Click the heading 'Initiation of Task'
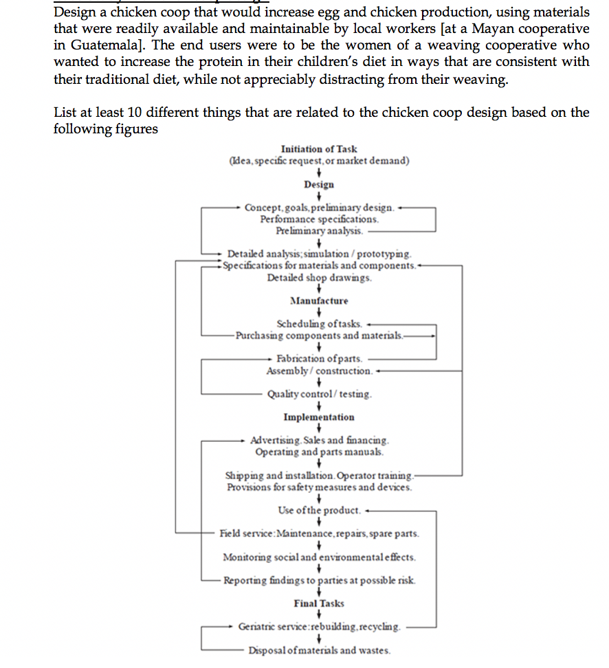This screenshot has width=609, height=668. [x=319, y=149]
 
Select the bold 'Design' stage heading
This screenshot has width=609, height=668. [x=319, y=184]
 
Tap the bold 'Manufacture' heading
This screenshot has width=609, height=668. [x=319, y=300]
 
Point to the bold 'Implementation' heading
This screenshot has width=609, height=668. [x=319, y=417]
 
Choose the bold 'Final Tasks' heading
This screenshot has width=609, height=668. [x=319, y=603]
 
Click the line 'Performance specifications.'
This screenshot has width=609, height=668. [x=319, y=219]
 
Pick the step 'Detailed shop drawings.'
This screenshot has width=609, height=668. [x=319, y=278]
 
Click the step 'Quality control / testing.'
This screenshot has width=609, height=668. [x=320, y=394]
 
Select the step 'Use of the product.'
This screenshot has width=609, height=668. [x=319, y=511]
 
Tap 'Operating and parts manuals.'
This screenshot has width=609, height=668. [x=319, y=452]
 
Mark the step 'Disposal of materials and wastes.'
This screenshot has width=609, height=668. [x=319, y=650]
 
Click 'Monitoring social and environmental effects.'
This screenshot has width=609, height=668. [x=319, y=557]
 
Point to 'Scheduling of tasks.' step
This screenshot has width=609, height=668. [x=319, y=324]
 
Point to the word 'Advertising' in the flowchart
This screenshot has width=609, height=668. [x=275, y=440]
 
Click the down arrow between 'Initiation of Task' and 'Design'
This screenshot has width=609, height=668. [x=319, y=172]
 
